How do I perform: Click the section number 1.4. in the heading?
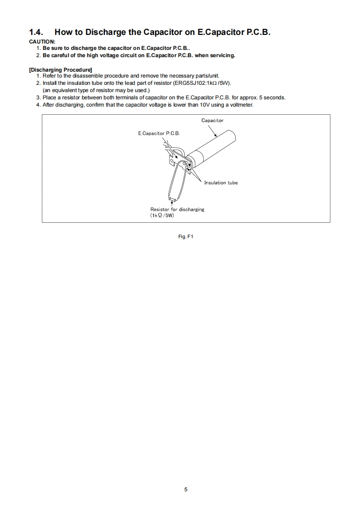click(37, 32)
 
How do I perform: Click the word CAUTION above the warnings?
click(42, 42)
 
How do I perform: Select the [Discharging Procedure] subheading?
click(60, 70)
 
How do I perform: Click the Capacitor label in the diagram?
click(212, 121)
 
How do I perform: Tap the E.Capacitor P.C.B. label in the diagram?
click(159, 134)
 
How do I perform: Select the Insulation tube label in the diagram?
click(221, 183)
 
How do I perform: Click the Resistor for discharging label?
click(177, 209)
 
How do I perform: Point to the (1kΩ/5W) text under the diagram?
click(162, 215)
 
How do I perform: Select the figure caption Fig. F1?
click(186, 237)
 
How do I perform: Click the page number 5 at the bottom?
click(186, 489)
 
